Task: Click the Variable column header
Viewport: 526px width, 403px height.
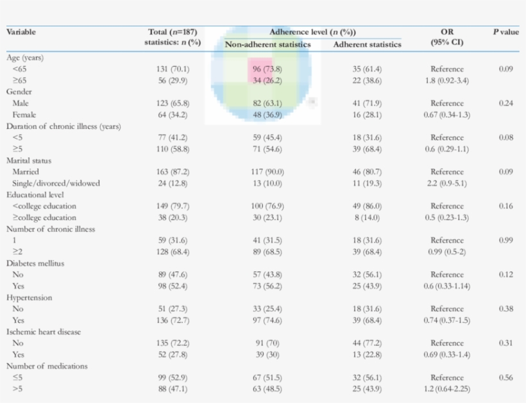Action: click(x=21, y=32)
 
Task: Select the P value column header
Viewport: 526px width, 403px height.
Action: click(x=505, y=32)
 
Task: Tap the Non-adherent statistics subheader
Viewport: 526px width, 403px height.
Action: click(x=267, y=44)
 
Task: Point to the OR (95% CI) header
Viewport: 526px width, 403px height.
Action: click(x=446, y=37)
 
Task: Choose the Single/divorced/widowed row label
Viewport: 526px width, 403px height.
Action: click(x=56, y=183)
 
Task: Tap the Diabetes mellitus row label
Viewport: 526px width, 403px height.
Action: click(x=35, y=263)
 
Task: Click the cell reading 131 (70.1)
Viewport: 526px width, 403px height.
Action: click(x=173, y=69)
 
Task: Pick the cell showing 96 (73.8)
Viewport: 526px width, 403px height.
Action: click(x=267, y=69)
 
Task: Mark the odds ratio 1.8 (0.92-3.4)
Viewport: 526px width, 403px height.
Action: click(x=446, y=80)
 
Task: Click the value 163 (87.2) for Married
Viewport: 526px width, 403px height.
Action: click(x=173, y=172)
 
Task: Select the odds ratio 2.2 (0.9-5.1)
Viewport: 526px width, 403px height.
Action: click(x=446, y=183)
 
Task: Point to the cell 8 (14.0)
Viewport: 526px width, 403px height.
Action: click(x=367, y=217)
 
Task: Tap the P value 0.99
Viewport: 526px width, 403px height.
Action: click(x=505, y=240)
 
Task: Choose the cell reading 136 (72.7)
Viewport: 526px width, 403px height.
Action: click(x=173, y=320)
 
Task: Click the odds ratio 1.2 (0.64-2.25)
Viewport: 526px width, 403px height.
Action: click(x=446, y=389)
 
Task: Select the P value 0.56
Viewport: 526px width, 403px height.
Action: click(x=505, y=377)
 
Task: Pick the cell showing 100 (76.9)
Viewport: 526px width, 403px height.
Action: click(x=267, y=206)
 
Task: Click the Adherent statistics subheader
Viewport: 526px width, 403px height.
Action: click(x=367, y=44)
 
